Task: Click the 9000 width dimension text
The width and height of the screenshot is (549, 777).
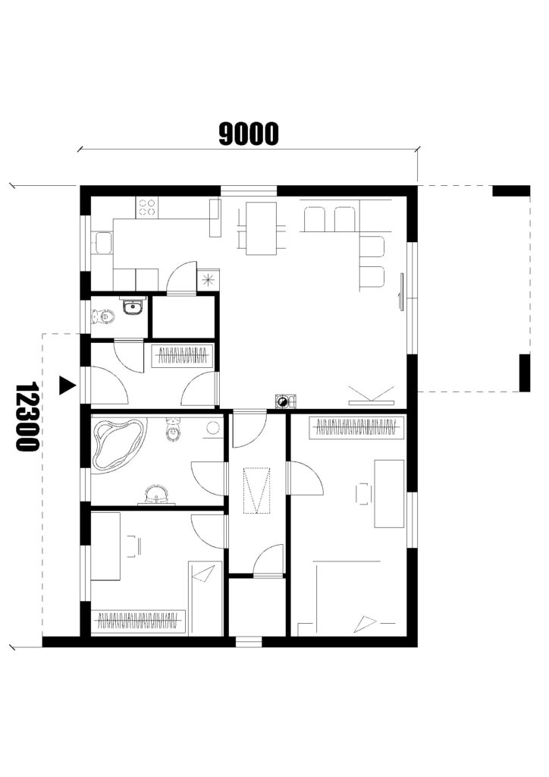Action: point(249,134)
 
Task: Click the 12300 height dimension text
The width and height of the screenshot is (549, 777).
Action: point(27,416)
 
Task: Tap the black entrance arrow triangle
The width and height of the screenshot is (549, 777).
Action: point(66,385)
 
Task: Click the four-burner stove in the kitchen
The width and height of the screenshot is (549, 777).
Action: point(146,207)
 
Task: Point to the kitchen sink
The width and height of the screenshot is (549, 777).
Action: point(103,243)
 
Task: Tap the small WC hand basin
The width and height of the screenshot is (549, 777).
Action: point(132,307)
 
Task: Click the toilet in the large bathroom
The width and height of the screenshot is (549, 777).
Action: point(172,429)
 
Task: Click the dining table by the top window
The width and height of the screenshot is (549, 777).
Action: point(261,228)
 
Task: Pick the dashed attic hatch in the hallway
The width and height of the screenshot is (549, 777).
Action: point(256,489)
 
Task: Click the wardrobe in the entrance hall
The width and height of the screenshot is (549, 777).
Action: point(182,356)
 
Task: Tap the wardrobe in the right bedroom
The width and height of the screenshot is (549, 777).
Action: point(356,428)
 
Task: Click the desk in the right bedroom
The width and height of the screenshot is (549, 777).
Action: point(388,493)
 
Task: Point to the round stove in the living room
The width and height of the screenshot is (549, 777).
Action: point(282,401)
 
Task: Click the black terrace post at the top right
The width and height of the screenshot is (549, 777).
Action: point(511,190)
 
